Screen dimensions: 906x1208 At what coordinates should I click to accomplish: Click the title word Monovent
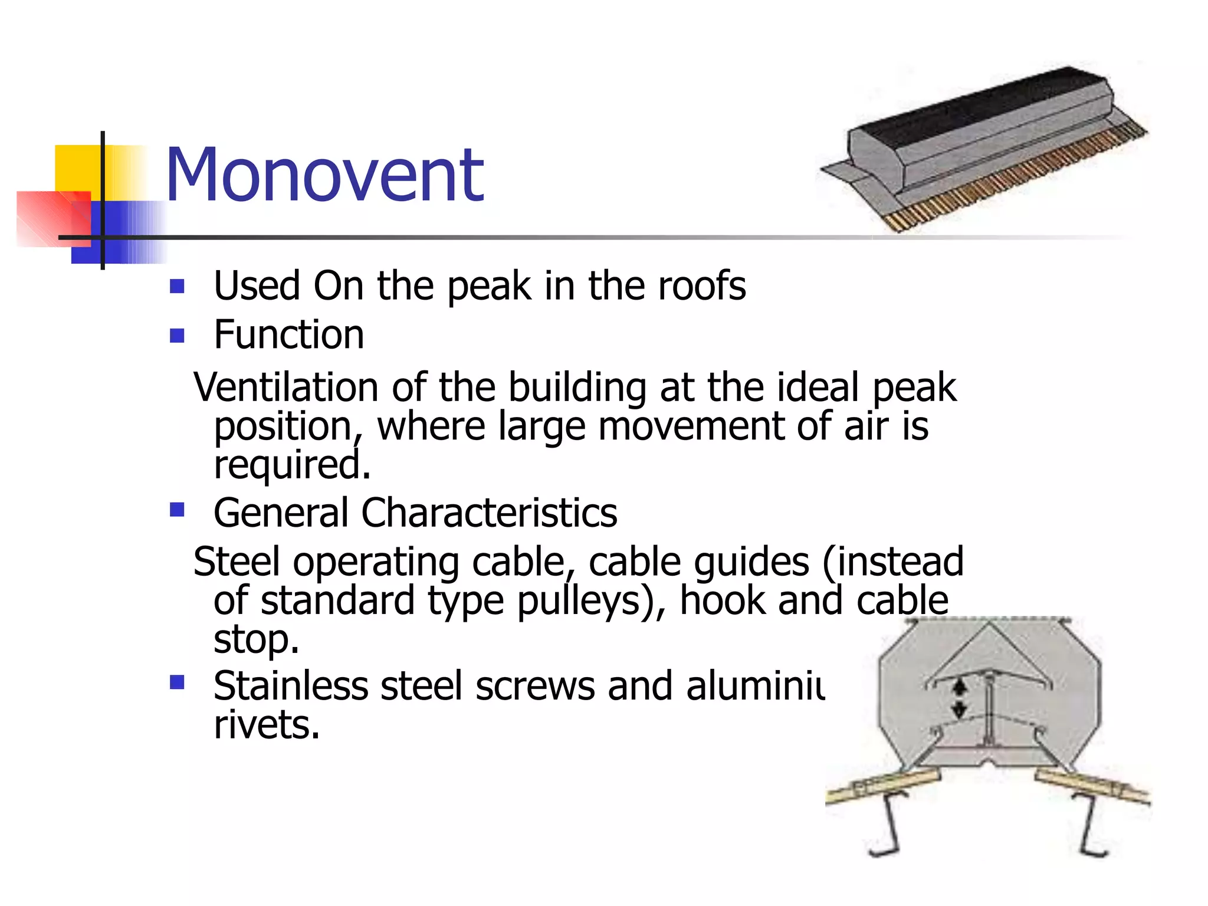[324, 176]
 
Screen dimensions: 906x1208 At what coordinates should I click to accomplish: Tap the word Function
[288, 335]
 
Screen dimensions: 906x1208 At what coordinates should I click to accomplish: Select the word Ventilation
[285, 388]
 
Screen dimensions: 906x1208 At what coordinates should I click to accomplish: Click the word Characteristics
[489, 513]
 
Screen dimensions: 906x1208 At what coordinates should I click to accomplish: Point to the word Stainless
[290, 686]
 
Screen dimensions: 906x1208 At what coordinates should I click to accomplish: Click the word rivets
[266, 724]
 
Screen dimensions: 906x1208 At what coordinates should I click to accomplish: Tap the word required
[291, 465]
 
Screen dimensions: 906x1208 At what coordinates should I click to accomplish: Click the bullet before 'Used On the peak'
[177, 287]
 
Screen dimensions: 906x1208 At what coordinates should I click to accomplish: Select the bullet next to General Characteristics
[177, 509]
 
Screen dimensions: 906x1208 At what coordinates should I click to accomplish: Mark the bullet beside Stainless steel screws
[177, 682]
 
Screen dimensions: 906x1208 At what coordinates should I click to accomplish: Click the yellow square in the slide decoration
[77, 168]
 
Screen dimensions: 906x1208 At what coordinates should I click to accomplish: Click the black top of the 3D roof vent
[979, 109]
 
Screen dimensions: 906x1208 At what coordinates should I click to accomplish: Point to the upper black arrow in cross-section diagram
[960, 687]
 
